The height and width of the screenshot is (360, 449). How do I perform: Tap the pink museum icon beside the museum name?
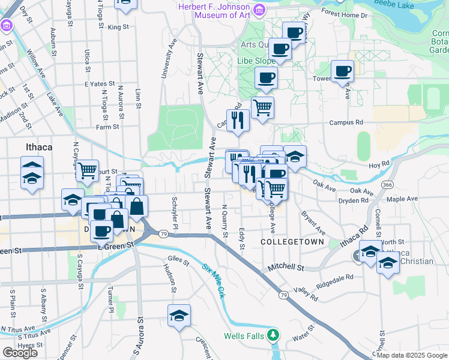[259, 10]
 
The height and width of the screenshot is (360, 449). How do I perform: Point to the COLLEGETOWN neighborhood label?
[292, 242]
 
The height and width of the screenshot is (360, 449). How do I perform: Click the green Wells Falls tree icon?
[273, 335]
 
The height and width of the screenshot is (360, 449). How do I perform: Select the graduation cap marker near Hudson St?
[179, 316]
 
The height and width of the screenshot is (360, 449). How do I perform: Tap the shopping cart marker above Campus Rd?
[262, 109]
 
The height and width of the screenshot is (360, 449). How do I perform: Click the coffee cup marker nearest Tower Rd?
[342, 71]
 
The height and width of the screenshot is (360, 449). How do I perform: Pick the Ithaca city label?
[39, 147]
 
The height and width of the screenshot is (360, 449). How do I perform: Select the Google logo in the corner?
[20, 353]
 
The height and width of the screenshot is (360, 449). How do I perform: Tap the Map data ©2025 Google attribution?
[412, 355]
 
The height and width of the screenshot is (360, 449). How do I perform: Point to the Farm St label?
[107, 127]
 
